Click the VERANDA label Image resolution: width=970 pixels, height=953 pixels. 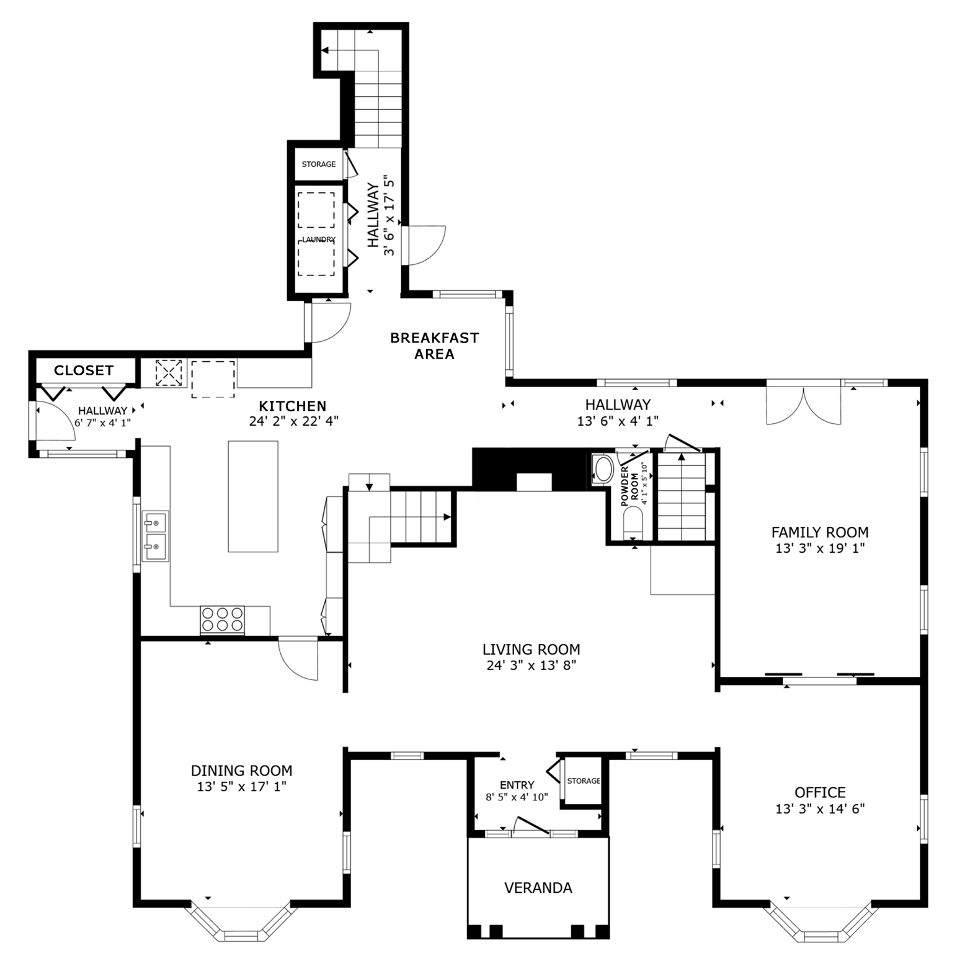pos(538,888)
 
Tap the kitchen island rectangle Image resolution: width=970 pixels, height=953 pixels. pos(253,496)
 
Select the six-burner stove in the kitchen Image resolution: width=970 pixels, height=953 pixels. pos(222,619)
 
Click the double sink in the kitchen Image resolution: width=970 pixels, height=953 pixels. pos(155,536)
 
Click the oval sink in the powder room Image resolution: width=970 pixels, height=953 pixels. pos(603,470)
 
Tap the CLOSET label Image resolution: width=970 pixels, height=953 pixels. pos(84,370)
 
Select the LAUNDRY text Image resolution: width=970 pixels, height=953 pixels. pos(318,239)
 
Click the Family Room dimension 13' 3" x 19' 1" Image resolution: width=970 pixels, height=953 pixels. pos(820,548)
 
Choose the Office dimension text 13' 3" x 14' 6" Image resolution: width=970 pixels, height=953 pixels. pos(820,809)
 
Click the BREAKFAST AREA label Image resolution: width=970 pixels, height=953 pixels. pos(434,346)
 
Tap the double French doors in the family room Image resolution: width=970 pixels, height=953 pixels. pos(804,405)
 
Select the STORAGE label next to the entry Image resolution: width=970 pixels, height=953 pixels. pos(584,781)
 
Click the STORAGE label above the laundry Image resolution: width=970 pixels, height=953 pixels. pos(319,164)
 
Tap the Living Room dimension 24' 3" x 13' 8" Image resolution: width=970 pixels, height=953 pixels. pos(532,666)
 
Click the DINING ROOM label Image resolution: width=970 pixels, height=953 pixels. pos(241,771)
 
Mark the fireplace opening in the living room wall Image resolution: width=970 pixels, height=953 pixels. pos(534,482)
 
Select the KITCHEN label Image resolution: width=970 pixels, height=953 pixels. pos(292,406)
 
